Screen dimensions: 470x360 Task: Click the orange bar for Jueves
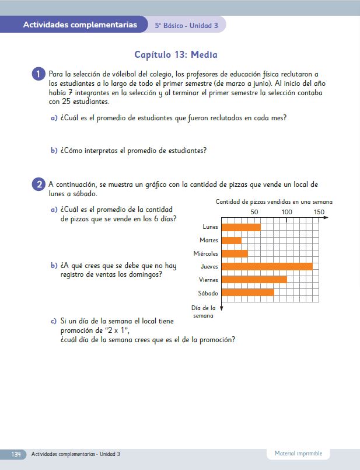tap(267, 266)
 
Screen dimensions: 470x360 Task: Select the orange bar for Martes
tap(232, 240)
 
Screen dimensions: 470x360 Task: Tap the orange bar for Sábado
tap(248, 293)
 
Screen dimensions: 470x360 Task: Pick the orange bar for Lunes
tap(242, 227)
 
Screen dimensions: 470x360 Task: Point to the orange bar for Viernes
tap(254, 280)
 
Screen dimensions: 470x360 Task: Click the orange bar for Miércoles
tap(235, 253)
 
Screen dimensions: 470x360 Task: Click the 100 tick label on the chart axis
tap(286, 212)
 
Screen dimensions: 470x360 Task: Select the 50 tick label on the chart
tap(254, 212)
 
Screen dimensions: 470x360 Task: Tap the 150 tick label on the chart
tap(319, 212)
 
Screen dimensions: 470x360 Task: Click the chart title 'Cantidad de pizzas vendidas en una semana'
tap(274, 202)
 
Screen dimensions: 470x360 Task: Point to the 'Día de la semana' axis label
tap(204, 311)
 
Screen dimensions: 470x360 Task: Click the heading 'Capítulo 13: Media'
tap(176, 55)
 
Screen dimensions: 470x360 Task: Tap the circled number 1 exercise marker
tap(38, 74)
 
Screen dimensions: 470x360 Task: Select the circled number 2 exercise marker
tap(38, 184)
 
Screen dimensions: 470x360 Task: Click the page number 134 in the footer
tap(16, 454)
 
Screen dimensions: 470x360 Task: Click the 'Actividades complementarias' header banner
tap(80, 25)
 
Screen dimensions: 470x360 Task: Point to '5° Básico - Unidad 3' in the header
tap(187, 25)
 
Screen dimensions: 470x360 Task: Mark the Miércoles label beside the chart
tap(206, 253)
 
